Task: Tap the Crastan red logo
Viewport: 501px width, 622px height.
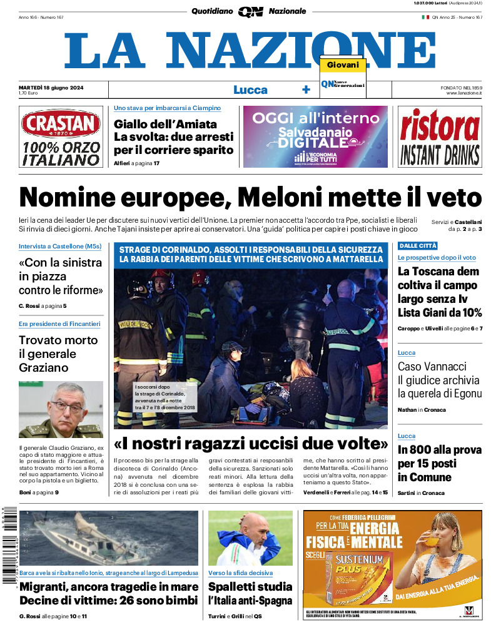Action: [x=61, y=124]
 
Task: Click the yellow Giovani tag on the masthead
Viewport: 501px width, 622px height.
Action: [x=343, y=65]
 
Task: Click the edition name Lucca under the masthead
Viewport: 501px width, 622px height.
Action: [x=250, y=89]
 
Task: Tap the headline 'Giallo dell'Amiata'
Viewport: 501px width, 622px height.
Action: [x=165, y=124]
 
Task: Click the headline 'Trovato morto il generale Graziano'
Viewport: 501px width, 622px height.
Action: [x=58, y=354]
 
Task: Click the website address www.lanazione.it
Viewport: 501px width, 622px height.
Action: [x=464, y=93]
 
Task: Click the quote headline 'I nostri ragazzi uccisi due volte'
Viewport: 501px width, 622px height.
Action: [x=250, y=444]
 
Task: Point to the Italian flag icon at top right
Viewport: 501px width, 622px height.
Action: [x=425, y=18]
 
